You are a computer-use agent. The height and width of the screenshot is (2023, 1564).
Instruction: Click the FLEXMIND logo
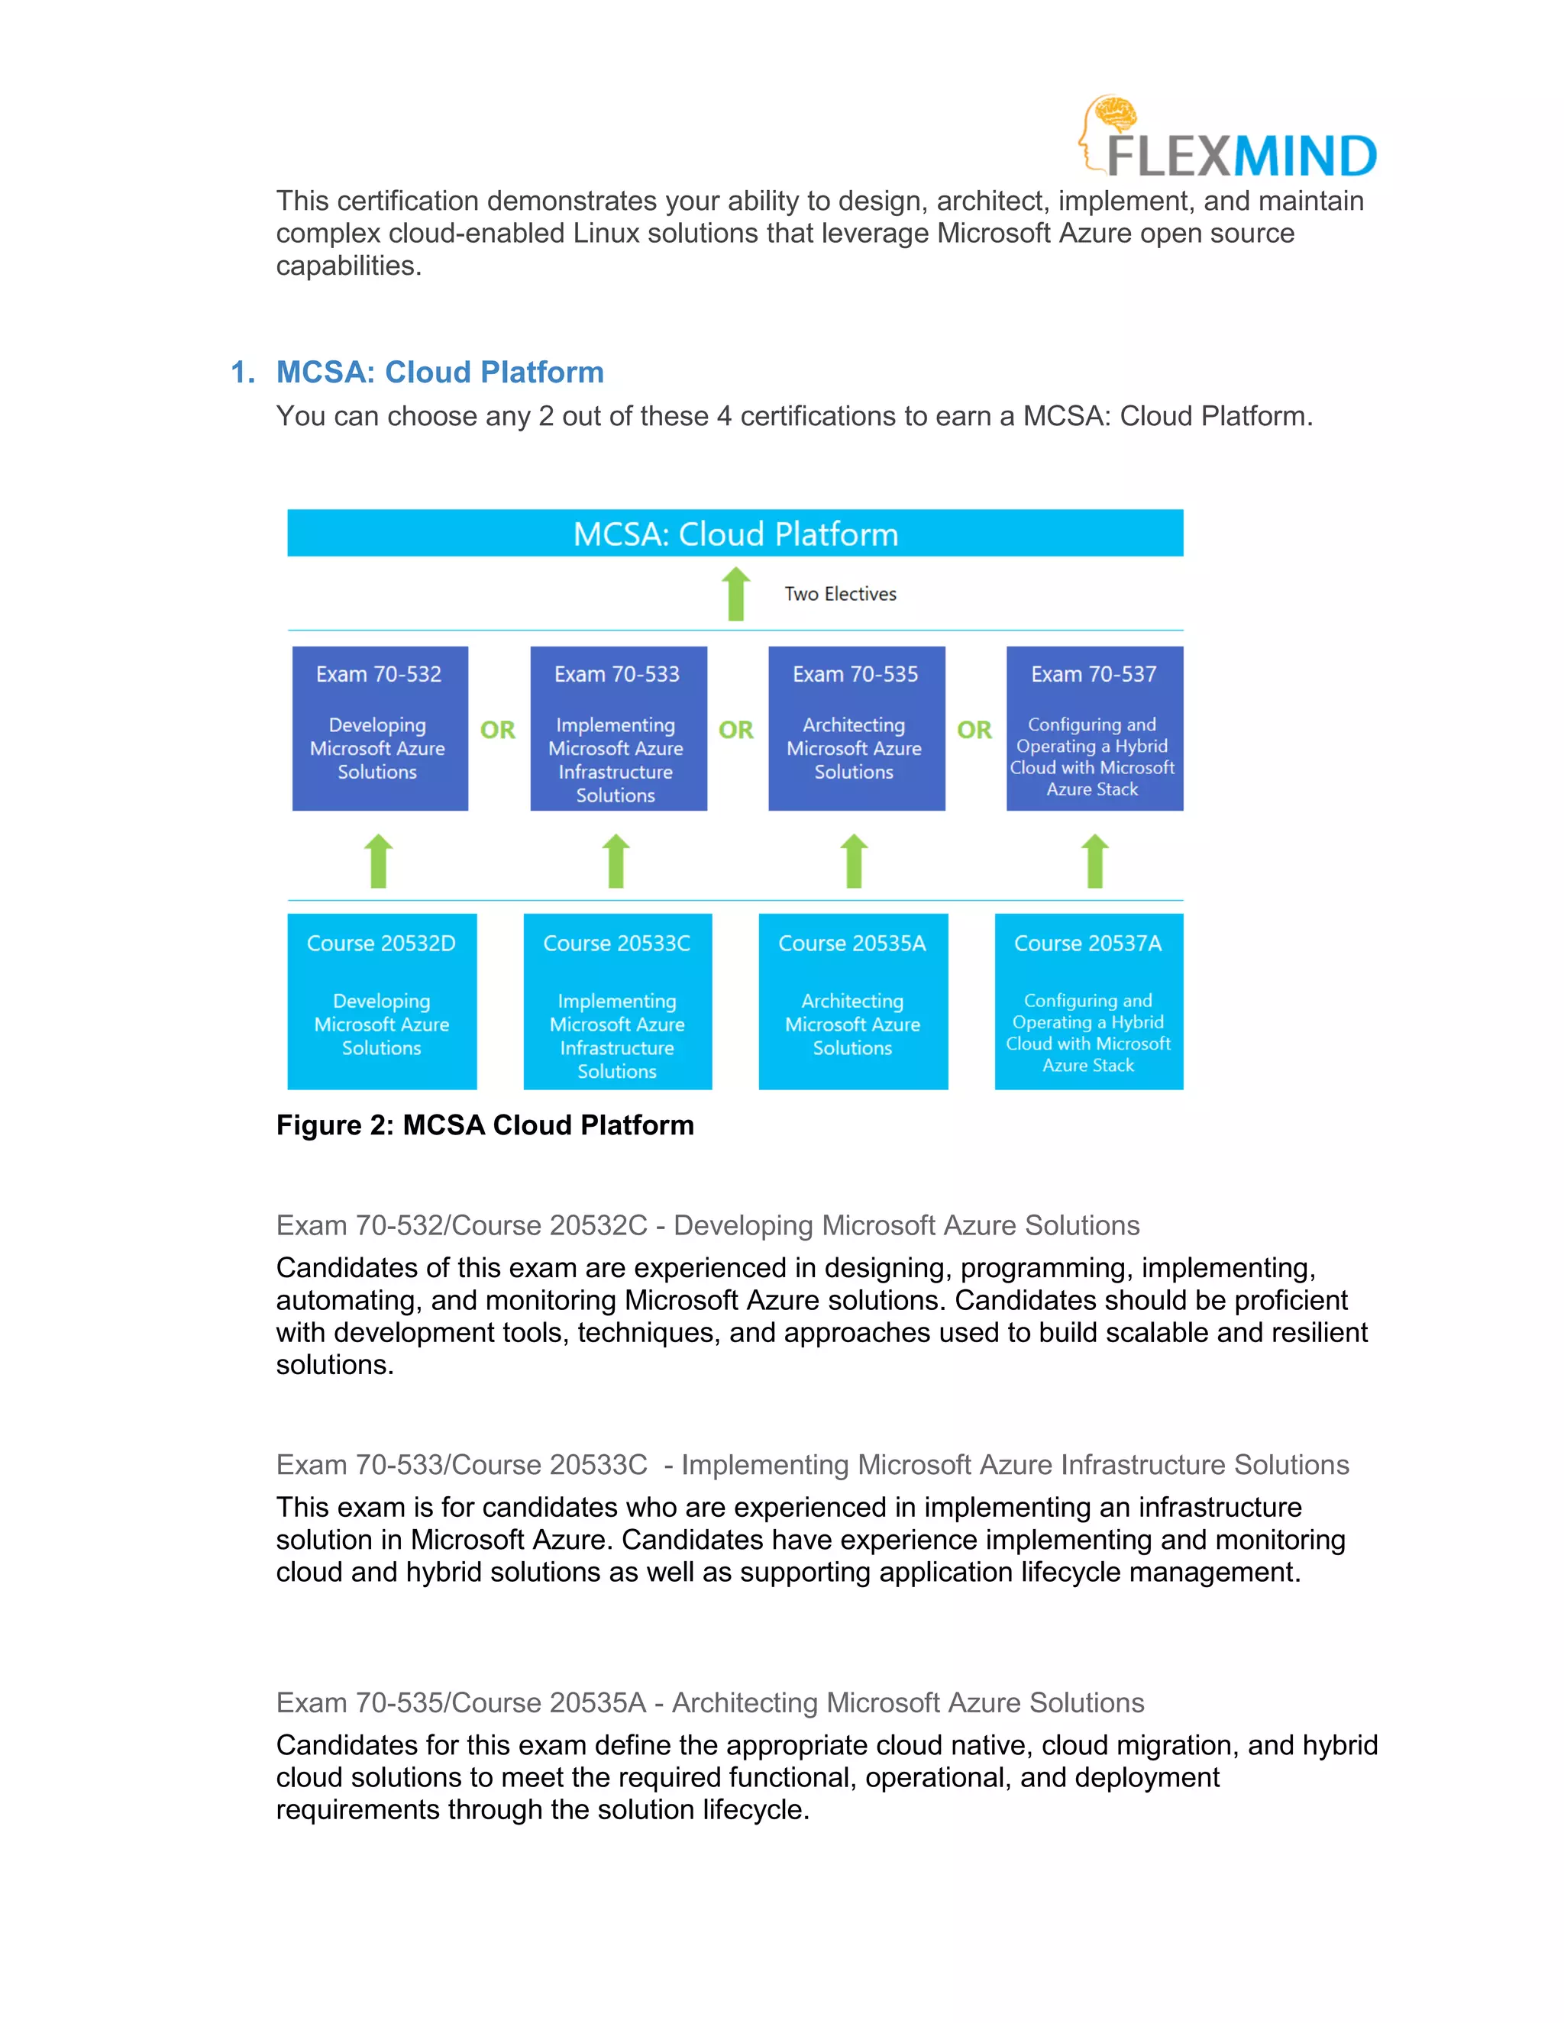(1228, 139)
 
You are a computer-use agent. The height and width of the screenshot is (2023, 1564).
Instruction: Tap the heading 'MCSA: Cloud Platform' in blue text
(439, 373)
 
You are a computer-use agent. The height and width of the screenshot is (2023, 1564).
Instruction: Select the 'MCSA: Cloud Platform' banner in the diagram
(735, 534)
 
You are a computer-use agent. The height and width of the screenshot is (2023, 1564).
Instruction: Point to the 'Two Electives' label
(840, 594)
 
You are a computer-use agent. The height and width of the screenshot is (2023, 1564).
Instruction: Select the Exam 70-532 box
(380, 728)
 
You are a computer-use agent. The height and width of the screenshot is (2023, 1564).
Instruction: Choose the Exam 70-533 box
(618, 728)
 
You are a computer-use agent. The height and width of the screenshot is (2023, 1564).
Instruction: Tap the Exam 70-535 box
(856, 728)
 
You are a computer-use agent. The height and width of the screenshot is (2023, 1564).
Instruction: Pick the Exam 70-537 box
(1094, 728)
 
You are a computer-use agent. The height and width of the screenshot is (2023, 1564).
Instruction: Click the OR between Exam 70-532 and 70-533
(498, 730)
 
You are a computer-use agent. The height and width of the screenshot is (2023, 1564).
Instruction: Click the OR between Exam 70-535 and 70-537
(974, 730)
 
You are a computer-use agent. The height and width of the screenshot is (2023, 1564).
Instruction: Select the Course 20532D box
(382, 1002)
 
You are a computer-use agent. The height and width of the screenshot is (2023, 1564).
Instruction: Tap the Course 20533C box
(617, 1002)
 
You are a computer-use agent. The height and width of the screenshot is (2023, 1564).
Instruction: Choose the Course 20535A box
(852, 1002)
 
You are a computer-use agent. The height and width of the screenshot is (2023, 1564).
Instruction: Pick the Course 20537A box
(1089, 1002)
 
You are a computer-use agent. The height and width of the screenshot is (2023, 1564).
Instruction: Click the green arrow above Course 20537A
(1095, 860)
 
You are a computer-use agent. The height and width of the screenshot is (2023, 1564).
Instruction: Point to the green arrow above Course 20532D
(378, 860)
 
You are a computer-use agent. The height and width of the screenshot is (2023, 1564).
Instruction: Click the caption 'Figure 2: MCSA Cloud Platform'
(485, 1125)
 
